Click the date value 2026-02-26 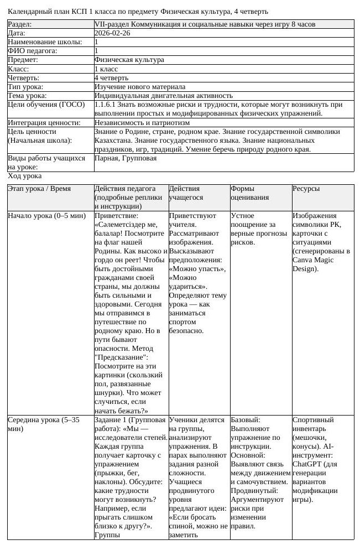click(113, 33)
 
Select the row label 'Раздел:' click(19, 24)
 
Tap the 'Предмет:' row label click(23, 60)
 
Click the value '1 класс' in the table click(106, 69)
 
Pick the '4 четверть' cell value click(111, 77)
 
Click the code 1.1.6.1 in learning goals click(105, 104)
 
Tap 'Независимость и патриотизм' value click(142, 122)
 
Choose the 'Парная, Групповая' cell click(126, 158)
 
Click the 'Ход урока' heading click(24, 176)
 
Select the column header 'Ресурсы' click(306, 189)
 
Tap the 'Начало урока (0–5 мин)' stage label click(46, 216)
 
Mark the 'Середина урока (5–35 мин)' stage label click(43, 424)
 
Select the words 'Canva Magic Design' click(314, 264)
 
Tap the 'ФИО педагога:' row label click(32, 51)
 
